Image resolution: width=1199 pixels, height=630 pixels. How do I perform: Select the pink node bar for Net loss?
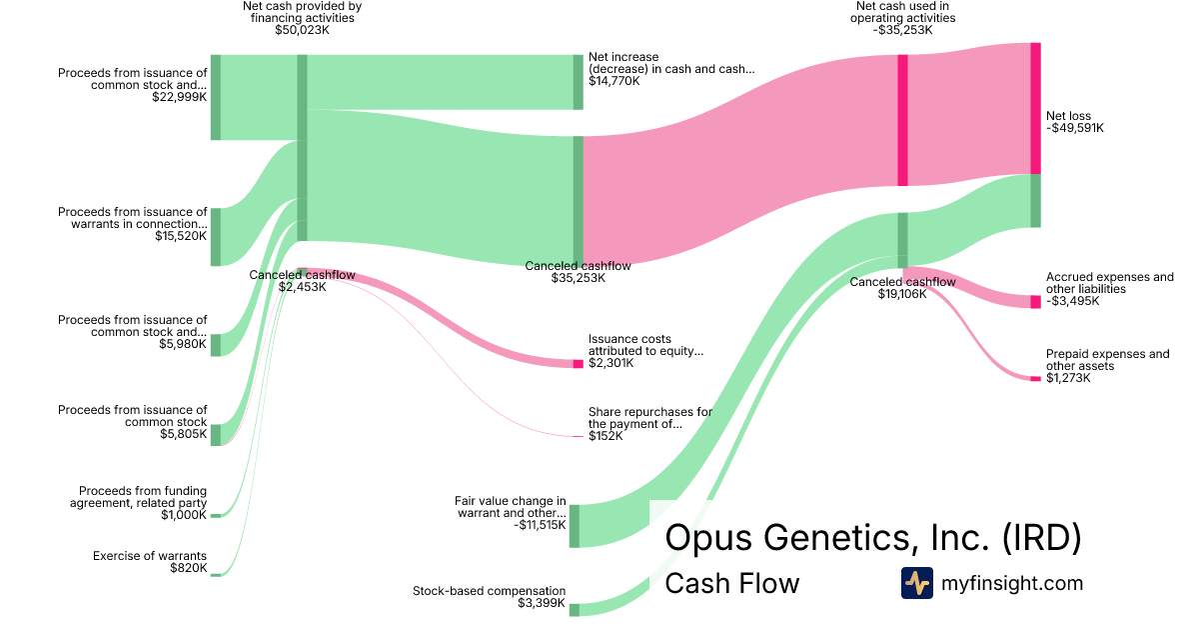[1035, 108]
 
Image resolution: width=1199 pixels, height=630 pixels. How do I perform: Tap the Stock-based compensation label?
[489, 591]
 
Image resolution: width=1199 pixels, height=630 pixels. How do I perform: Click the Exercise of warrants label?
[150, 556]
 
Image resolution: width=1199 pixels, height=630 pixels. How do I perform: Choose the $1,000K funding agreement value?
[184, 515]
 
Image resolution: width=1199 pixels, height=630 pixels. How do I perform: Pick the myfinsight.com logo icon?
[916, 583]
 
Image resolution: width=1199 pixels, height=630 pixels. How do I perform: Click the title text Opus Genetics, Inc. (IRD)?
[872, 538]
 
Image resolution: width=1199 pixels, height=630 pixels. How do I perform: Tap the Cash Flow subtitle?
[731, 584]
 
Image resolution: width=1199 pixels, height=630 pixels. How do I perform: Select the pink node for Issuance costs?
[578, 363]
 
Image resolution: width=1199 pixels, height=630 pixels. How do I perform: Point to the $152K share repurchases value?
[603, 436]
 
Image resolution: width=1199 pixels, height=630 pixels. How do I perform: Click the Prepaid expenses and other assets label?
[1107, 360]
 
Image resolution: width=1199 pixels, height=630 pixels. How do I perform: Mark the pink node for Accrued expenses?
[1035, 302]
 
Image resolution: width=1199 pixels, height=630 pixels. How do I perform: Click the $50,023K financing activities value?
[302, 30]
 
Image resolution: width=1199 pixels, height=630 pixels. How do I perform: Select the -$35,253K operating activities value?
[902, 30]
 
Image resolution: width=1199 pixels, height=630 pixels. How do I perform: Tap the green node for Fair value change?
[575, 526]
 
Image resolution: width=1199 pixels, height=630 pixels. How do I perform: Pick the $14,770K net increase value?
[613, 81]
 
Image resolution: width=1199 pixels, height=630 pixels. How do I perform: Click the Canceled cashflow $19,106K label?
[902, 288]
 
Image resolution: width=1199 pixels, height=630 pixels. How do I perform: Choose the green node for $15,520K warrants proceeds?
[215, 237]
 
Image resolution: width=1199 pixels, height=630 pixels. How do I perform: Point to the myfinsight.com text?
[1012, 583]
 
